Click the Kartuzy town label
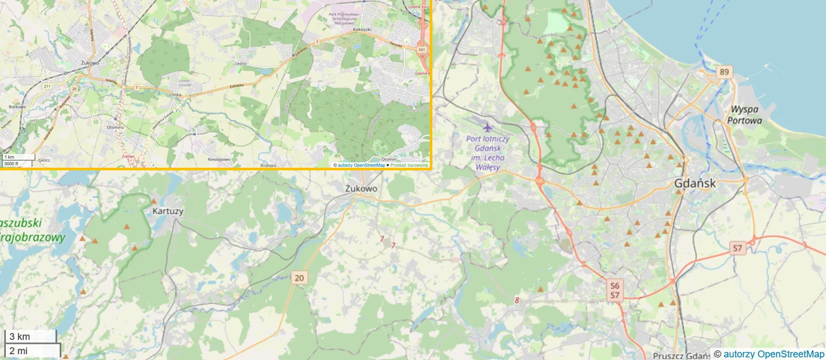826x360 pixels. click(168, 211)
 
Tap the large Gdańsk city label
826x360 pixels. click(694, 183)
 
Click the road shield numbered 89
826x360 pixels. click(724, 72)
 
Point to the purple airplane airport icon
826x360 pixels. click(487, 126)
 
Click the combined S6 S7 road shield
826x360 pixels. click(615, 290)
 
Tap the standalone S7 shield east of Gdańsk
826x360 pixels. click(738, 248)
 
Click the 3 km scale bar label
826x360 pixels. click(19, 336)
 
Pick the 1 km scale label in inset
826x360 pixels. click(9, 157)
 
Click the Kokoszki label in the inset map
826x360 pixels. click(362, 30)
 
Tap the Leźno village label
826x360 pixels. click(241, 64)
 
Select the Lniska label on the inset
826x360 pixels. click(174, 95)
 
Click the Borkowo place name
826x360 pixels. click(17, 106)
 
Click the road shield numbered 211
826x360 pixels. click(47, 86)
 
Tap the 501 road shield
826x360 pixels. click(421, 49)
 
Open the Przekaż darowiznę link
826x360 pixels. click(409, 165)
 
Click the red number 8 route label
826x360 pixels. click(517, 300)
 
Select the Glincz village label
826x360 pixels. click(44, 159)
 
